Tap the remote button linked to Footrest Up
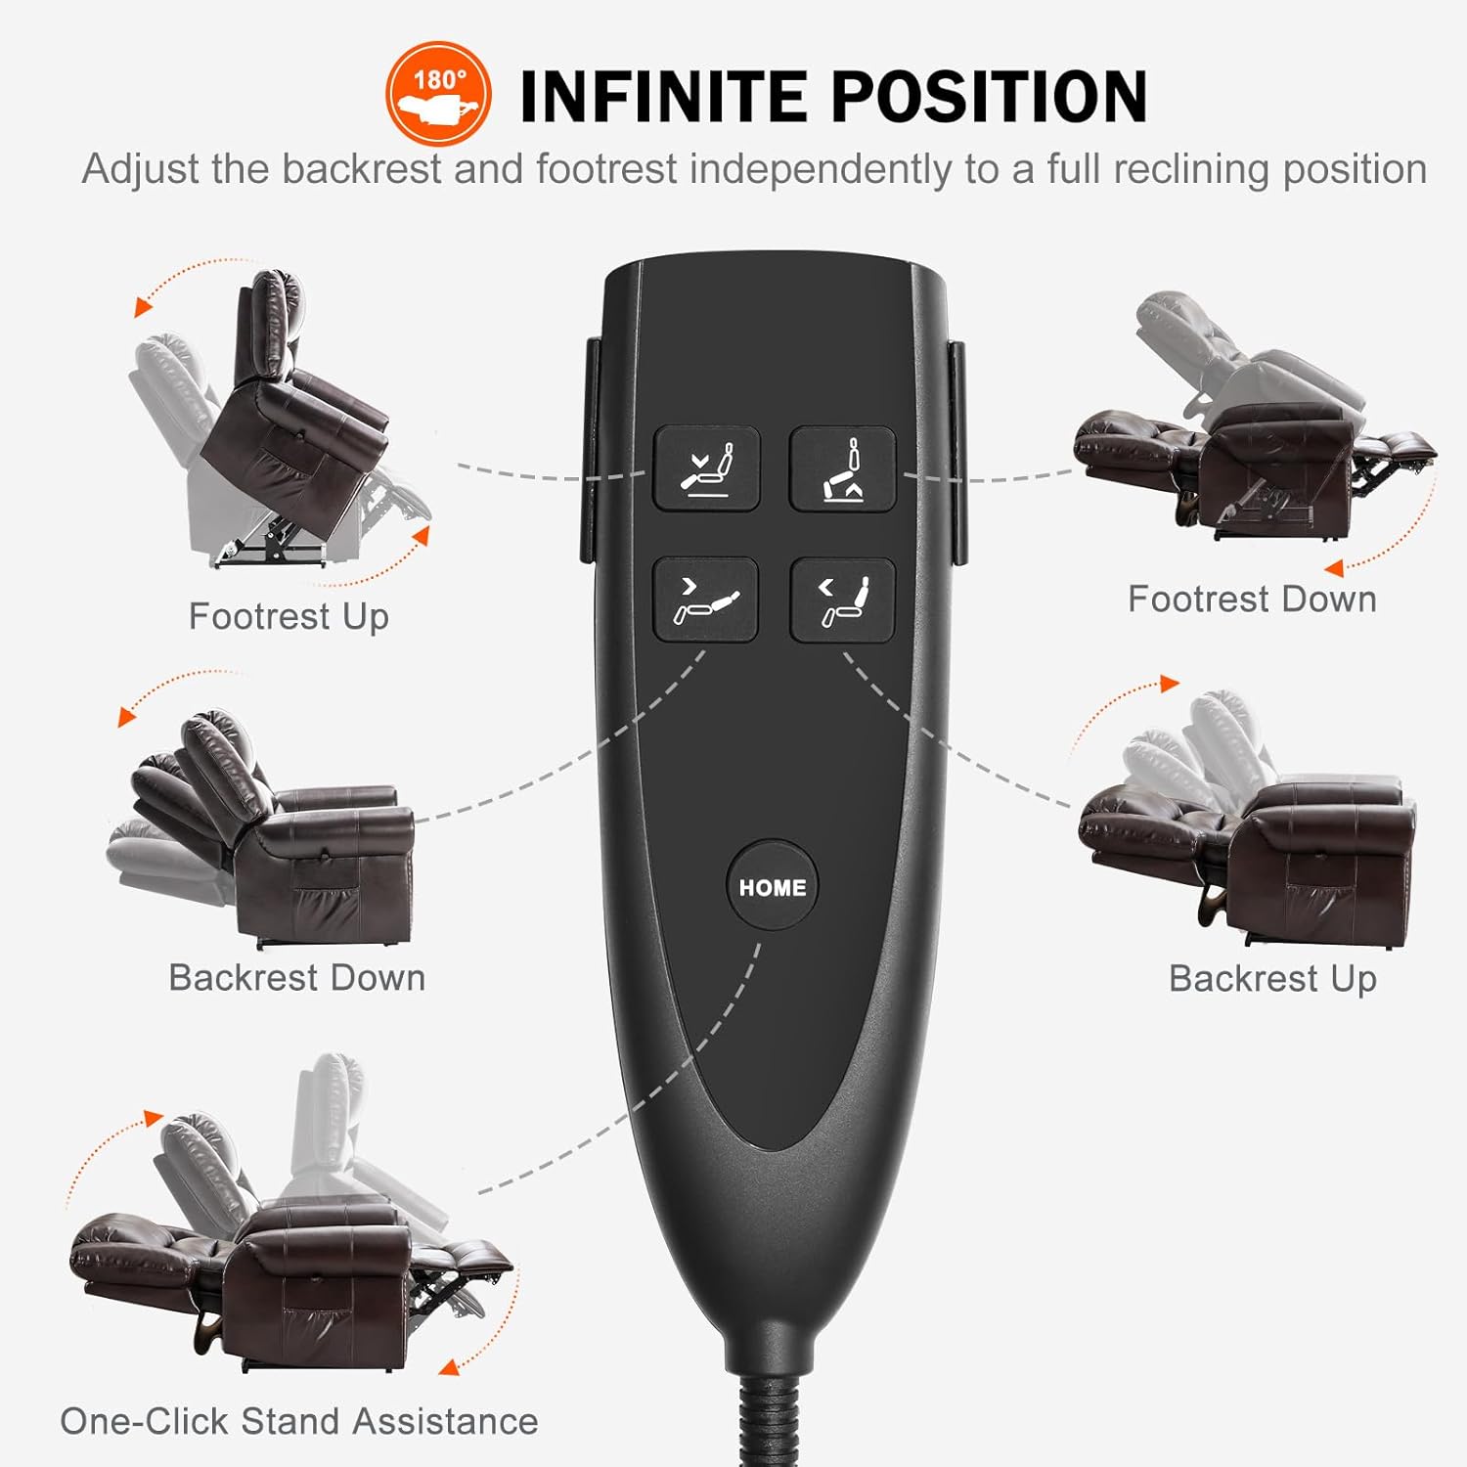tap(706, 468)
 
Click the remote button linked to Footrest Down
tap(842, 468)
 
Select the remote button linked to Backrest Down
tap(706, 600)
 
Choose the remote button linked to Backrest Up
tap(842, 600)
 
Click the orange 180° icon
tap(438, 94)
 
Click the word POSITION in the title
tap(989, 97)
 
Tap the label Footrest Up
tap(289, 616)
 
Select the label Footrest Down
tap(1252, 599)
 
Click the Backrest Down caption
tap(296, 977)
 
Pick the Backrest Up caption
tap(1272, 978)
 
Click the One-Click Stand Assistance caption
tap(298, 1421)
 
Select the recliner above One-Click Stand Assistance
tap(289, 1222)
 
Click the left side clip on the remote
tap(589, 450)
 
